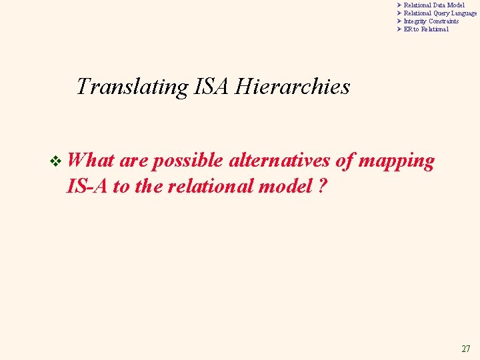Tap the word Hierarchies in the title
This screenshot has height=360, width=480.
pos(294,87)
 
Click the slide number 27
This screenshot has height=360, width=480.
pos(465,349)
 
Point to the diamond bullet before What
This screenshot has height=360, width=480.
pos(56,161)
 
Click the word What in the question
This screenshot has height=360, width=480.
pos(91,161)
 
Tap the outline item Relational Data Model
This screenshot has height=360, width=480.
pos(434,5)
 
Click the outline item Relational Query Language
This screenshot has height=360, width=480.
pos(440,13)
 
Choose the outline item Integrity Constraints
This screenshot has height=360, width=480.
pos(431,21)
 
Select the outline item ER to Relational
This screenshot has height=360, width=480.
pos(426,29)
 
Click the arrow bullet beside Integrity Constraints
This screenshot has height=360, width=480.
pos(399,21)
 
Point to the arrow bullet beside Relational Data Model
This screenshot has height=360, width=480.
pos(399,5)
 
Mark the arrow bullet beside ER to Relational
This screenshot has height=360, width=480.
pos(399,29)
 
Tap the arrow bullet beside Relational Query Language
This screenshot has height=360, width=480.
pos(399,13)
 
